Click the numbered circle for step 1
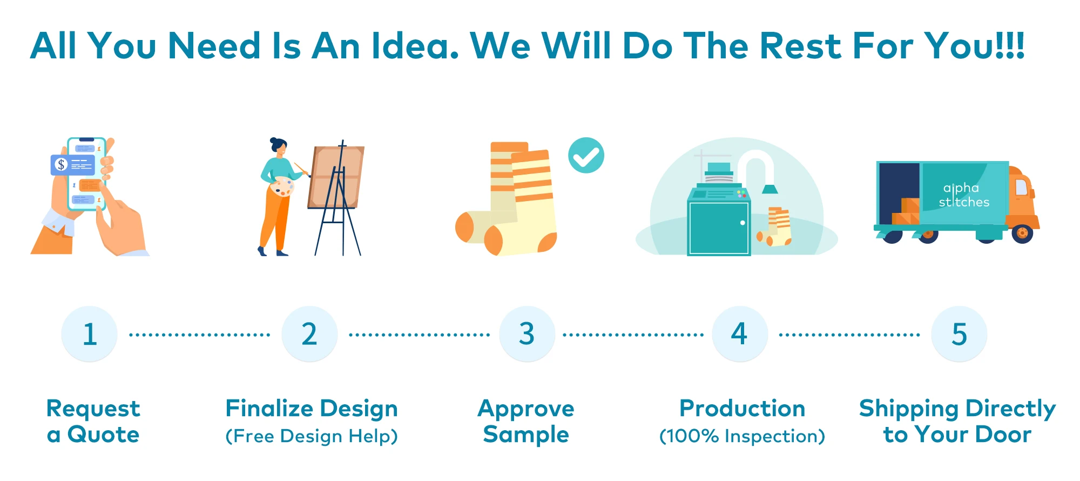click(89, 334)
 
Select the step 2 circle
click(309, 334)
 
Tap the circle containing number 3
click(527, 334)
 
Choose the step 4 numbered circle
click(740, 334)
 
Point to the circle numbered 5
click(959, 334)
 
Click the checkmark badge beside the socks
click(586, 155)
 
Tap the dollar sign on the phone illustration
click(61, 164)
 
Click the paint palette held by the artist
click(282, 187)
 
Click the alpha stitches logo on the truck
click(964, 195)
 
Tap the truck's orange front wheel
click(1022, 233)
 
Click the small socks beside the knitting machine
click(775, 227)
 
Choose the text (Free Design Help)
click(312, 436)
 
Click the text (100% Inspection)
click(742, 436)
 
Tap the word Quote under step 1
click(103, 435)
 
